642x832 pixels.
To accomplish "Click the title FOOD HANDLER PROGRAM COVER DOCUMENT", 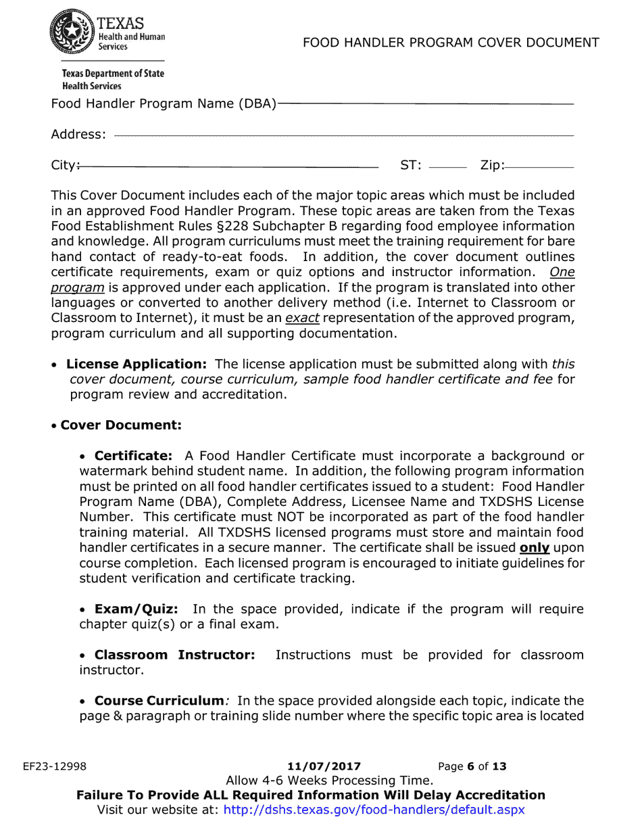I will point(451,43).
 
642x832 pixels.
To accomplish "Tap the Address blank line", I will point(344,136).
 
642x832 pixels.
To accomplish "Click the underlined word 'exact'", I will point(302,318).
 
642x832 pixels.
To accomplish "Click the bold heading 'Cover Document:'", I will point(121,425).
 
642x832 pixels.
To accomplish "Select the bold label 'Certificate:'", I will point(133,456).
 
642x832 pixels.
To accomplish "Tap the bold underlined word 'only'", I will point(534,548).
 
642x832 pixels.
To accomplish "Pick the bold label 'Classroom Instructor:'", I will point(174,655).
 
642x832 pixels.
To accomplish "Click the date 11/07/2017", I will point(324,766).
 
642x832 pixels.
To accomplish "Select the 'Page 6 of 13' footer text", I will point(472,766).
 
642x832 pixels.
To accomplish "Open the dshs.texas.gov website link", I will point(374,810).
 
